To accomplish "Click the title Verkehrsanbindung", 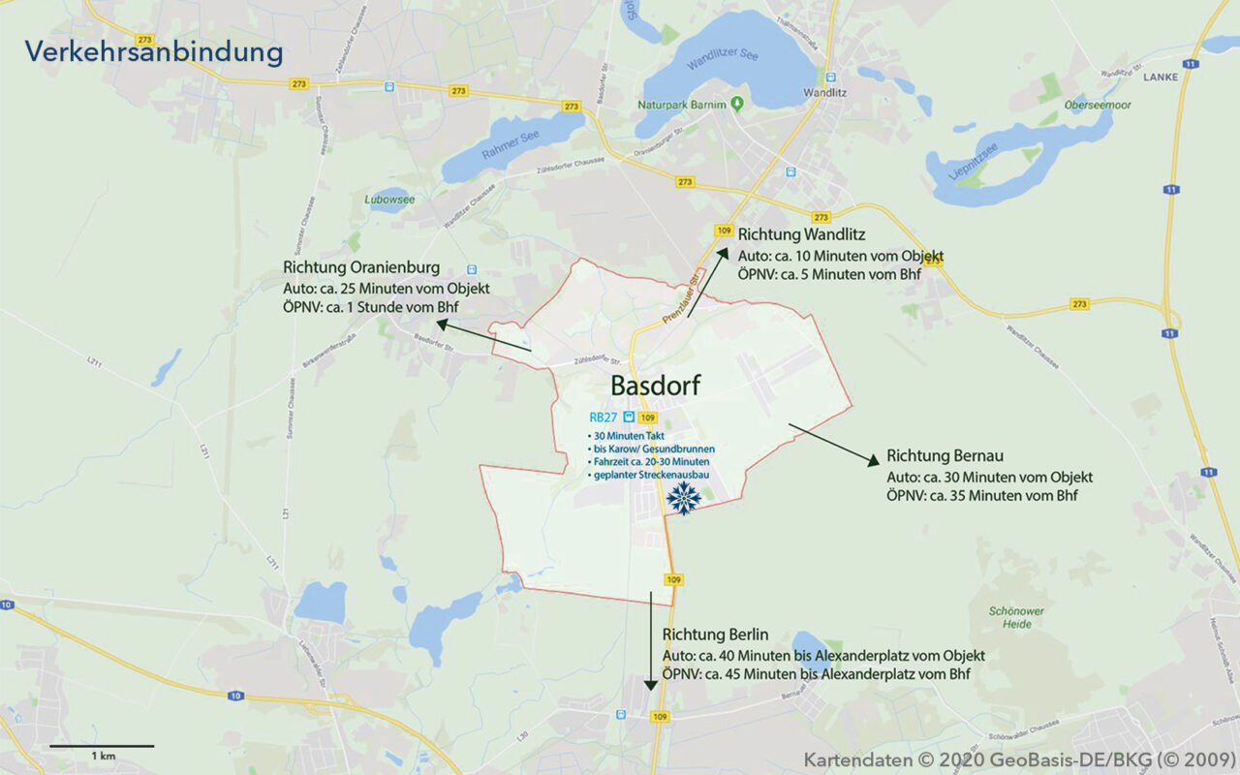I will pyautogui.click(x=154, y=51).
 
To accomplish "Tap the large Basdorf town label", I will pyautogui.click(x=655, y=386).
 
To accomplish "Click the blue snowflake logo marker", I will pyautogui.click(x=684, y=498).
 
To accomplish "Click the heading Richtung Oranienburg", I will pyautogui.click(x=361, y=267).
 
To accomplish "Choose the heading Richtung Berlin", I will pyautogui.click(x=715, y=635).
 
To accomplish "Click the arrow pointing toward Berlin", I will pyautogui.click(x=650, y=639).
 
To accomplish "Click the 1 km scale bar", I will pyautogui.click(x=102, y=747).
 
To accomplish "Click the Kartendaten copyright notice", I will pyautogui.click(x=1016, y=759).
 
